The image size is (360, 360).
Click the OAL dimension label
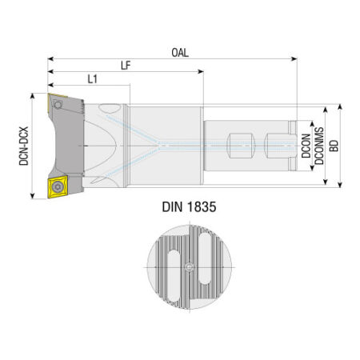pyautogui.click(x=180, y=53)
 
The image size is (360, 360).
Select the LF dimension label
pyautogui.click(x=126, y=66)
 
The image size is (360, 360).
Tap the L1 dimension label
pyautogui.click(x=92, y=79)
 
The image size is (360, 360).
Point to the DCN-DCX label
pyautogui.click(x=24, y=146)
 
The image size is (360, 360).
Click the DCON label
pyautogui.click(x=306, y=146)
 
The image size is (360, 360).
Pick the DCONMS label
pyautogui.click(x=319, y=146)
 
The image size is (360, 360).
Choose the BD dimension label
pyautogui.click(x=334, y=146)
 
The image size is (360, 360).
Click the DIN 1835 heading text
pyautogui.click(x=189, y=207)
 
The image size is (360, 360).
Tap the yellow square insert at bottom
pyautogui.click(x=58, y=186)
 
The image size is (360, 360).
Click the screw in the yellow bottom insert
pyautogui.click(x=58, y=186)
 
